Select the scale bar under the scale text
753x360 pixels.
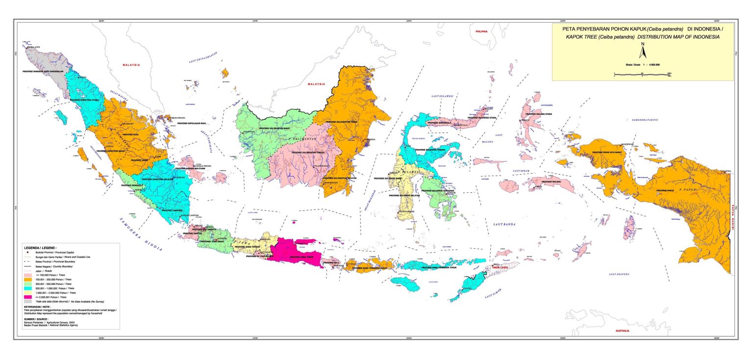tap(642, 75)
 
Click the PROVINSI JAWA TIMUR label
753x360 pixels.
tap(301, 257)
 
